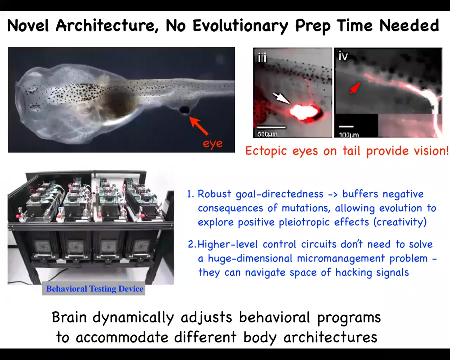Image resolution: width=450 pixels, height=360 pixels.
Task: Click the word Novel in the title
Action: coord(28,25)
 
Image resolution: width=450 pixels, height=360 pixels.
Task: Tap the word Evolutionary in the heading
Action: coord(240,26)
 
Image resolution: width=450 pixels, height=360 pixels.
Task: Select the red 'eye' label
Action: coord(213,144)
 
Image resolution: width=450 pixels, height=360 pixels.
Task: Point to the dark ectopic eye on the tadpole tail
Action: coord(184,110)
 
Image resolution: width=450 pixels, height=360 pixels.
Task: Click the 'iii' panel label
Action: coord(262,57)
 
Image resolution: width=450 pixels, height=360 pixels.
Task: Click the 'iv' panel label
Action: coord(343,56)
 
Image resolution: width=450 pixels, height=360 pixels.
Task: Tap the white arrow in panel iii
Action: coord(281,98)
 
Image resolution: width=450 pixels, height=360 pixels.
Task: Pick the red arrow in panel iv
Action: coord(355,88)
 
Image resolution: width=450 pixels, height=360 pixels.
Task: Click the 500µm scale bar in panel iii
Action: coord(271,127)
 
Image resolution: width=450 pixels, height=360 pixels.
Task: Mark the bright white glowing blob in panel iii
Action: coord(303,111)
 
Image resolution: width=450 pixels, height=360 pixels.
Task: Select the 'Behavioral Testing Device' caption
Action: coord(94,289)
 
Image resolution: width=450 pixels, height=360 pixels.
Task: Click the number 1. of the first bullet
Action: coord(191,194)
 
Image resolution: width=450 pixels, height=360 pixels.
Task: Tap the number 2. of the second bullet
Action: coord(192,244)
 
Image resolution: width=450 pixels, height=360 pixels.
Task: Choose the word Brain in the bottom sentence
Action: coord(69,317)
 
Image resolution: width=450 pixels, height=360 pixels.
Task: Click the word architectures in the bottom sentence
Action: coord(330,337)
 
